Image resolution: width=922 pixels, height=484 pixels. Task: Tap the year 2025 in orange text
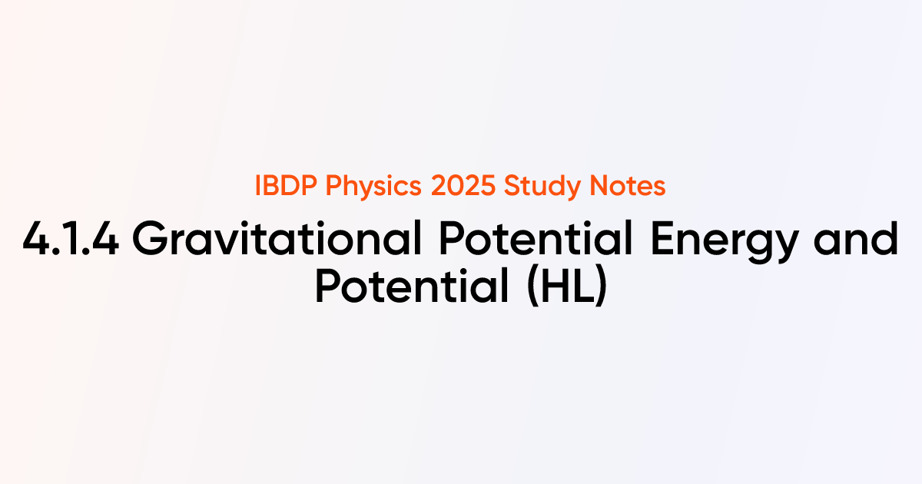tap(463, 187)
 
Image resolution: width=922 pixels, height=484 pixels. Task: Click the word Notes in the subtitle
tap(628, 187)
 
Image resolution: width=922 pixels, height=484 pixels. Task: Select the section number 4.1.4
tap(71, 240)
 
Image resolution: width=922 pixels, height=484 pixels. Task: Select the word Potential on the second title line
tap(414, 287)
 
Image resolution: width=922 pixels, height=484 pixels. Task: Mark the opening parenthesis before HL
tap(530, 287)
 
